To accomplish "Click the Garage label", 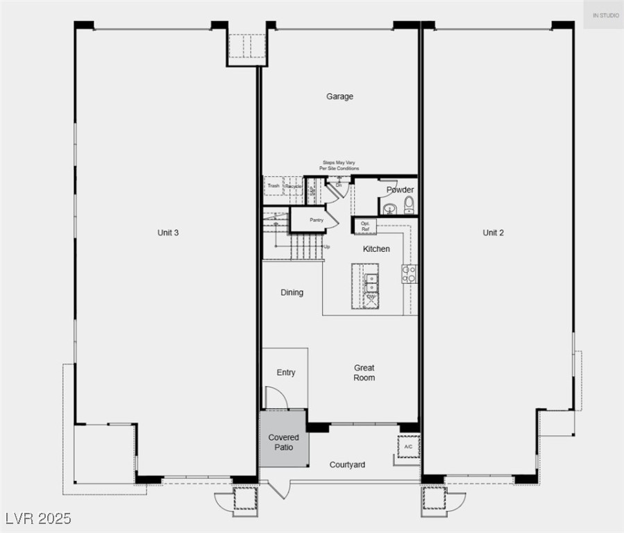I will [339, 96].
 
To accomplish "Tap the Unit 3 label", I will [168, 232].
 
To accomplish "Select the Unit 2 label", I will [493, 232].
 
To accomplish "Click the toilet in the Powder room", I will [409, 205].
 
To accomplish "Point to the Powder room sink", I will [389, 208].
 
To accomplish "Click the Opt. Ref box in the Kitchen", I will [365, 226].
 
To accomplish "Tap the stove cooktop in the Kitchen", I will [409, 273].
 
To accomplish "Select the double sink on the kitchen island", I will [371, 282].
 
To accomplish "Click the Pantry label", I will [317, 220].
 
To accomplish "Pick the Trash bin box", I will [273, 186].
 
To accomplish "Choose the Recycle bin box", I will [294, 186].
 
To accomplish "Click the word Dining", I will [292, 292].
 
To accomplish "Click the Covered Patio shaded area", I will [283, 441].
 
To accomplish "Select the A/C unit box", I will [407, 447].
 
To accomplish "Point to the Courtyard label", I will [347, 464].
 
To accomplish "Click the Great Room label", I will [364, 373].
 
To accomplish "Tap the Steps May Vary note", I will [339, 165].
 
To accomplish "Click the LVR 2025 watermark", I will [37, 518].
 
